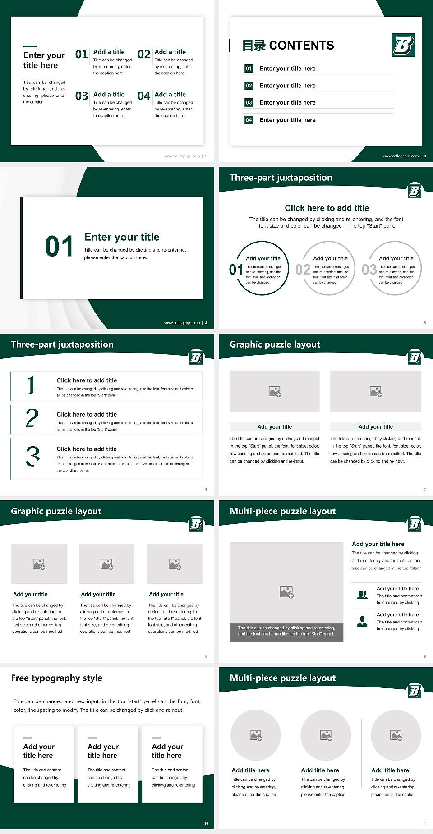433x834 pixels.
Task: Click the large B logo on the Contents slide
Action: coord(403,45)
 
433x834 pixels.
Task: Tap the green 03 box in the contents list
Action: coord(249,103)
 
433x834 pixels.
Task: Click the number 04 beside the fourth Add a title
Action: coord(144,96)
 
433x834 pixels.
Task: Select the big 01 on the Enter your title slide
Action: coord(59,247)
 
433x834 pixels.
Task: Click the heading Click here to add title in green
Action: coord(327,208)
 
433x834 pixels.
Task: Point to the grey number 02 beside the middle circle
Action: coord(303,270)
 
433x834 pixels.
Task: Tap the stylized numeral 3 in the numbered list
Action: coord(32,456)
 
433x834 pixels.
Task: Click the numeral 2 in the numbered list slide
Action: coord(32,419)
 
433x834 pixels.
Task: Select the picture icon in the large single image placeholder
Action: coord(286,592)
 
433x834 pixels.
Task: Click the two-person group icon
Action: coord(362,595)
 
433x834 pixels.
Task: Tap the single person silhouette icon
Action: coord(362,622)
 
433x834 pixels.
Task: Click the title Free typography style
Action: coord(56,678)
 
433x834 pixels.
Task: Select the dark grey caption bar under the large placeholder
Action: coord(286,631)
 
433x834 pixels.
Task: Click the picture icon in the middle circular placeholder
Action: coord(326,735)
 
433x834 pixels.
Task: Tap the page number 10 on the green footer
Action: coord(206,823)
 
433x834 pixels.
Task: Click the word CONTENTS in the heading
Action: coord(301,46)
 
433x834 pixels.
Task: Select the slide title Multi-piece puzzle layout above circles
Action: coord(282,678)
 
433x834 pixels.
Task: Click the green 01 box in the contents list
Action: coord(249,69)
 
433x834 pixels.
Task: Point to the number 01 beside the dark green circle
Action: coord(235,270)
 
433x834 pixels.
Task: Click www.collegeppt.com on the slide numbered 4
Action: coord(182,323)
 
